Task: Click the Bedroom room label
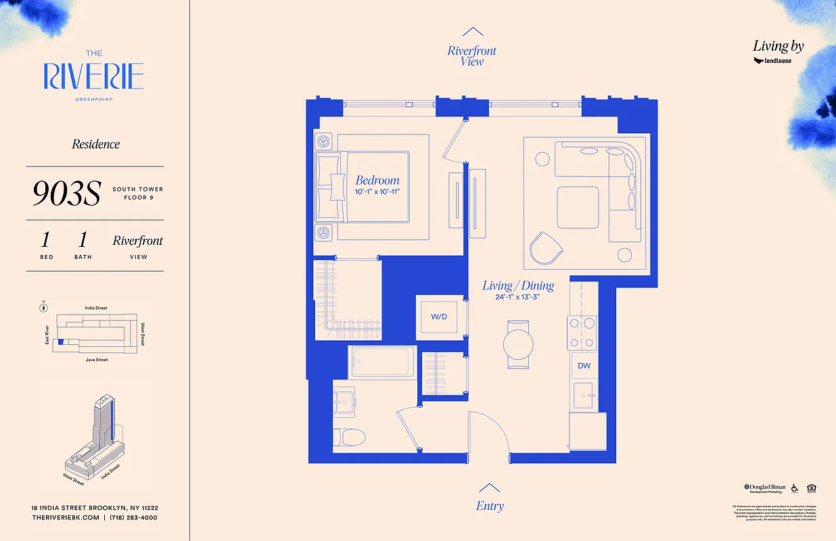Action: point(377,181)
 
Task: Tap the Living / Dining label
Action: point(518,286)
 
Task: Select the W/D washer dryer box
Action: point(439,316)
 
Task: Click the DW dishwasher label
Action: point(584,366)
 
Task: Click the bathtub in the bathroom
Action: point(383,362)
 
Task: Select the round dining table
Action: point(519,344)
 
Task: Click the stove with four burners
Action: point(583,332)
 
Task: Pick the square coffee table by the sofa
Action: point(578,207)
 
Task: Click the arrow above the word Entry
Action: point(490,488)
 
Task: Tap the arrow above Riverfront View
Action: point(472,31)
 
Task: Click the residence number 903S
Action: point(66,193)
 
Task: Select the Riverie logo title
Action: point(94,76)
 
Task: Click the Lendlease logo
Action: point(772,61)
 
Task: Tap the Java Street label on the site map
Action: point(95,360)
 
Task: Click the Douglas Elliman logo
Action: point(765,488)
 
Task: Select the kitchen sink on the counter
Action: point(582,395)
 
